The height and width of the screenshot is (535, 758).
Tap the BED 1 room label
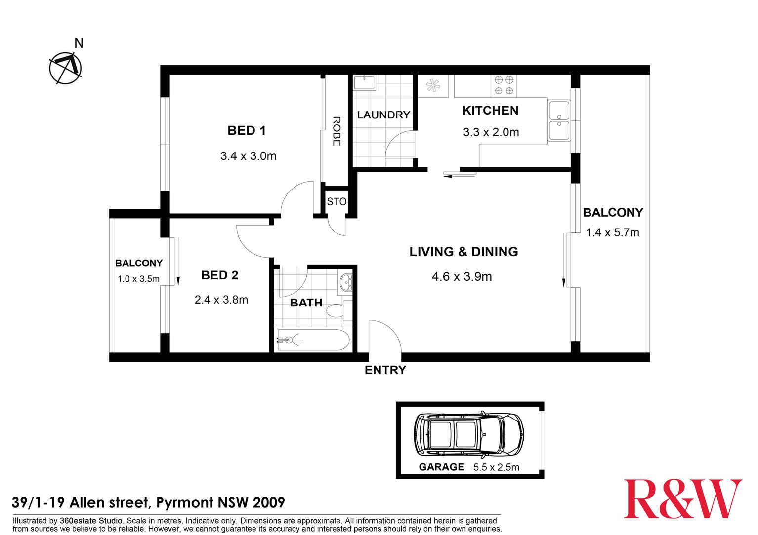click(x=247, y=131)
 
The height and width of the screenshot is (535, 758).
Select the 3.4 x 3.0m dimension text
click(x=248, y=156)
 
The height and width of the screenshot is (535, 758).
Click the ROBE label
click(x=336, y=131)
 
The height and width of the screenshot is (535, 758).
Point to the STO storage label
click(x=337, y=202)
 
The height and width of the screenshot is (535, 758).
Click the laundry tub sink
click(x=364, y=82)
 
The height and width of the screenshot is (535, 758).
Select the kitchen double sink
click(x=559, y=121)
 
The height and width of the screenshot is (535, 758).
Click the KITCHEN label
click(x=490, y=111)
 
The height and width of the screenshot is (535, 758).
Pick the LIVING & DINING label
click(x=463, y=252)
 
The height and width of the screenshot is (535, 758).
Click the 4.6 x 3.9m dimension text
click(x=462, y=277)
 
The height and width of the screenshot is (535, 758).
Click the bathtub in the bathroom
click(x=313, y=340)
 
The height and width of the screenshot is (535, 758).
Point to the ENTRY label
click(x=385, y=370)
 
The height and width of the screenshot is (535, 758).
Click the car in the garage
click(x=468, y=434)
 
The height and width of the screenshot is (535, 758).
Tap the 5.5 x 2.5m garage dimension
click(x=496, y=467)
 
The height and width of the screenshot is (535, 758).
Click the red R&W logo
click(x=683, y=499)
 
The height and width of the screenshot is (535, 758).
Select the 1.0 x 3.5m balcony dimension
click(x=138, y=279)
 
